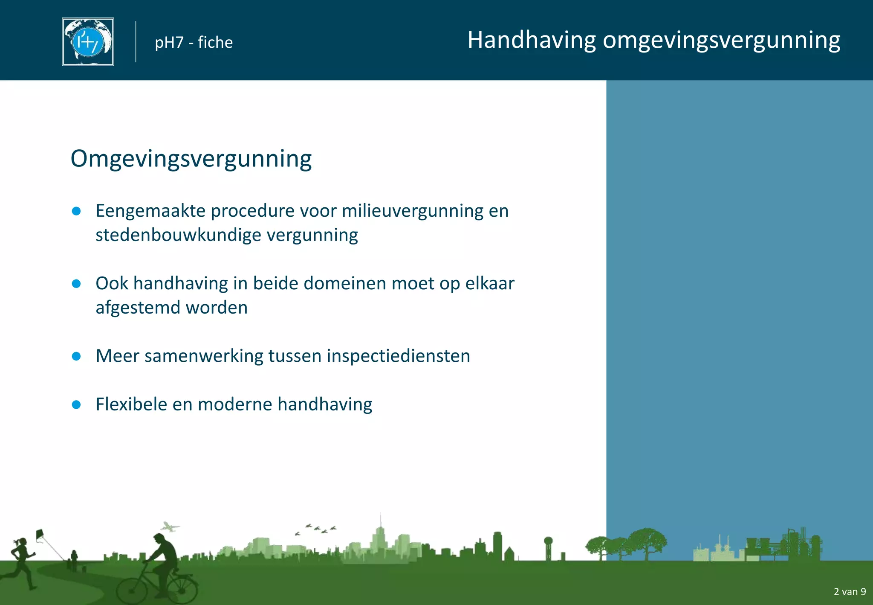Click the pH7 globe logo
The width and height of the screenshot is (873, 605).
point(88,42)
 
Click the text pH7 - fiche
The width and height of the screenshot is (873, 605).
point(194,43)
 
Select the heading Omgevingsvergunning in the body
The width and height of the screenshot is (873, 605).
point(191,159)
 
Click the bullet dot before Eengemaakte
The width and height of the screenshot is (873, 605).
point(77,211)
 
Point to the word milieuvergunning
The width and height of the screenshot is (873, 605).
point(412,211)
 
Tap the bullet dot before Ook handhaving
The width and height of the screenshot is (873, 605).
point(77,284)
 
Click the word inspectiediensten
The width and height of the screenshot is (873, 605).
point(398,356)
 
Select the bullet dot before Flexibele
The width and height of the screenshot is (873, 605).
point(77,404)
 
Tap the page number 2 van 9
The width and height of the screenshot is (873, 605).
point(849,592)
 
